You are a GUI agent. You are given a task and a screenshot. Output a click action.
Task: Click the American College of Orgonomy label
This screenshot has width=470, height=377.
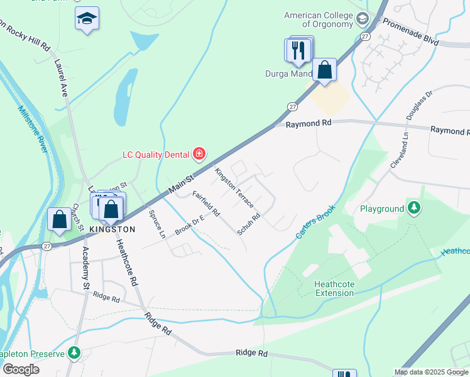click(x=319, y=19)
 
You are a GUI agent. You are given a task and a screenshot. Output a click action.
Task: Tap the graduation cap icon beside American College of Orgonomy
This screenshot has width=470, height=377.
click(x=362, y=18)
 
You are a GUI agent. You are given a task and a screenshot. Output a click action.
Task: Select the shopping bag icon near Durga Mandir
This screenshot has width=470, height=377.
click(x=324, y=70)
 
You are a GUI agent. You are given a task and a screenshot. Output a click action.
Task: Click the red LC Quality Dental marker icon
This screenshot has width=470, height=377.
click(x=199, y=153)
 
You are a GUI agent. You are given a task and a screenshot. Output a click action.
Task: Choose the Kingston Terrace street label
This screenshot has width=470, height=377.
click(x=234, y=188)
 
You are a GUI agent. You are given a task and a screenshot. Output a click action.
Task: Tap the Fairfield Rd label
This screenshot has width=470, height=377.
click(x=205, y=204)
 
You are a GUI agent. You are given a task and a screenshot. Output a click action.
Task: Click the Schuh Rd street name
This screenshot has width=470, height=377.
click(x=249, y=224)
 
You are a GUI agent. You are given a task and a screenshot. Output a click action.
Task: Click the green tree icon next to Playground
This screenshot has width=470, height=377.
click(x=413, y=208)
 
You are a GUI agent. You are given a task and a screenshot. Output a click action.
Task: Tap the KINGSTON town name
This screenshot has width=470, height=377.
click(x=113, y=229)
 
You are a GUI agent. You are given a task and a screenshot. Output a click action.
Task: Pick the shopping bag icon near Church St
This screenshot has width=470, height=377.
click(x=59, y=220)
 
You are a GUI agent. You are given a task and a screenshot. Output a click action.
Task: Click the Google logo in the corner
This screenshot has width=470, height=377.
click(x=20, y=369)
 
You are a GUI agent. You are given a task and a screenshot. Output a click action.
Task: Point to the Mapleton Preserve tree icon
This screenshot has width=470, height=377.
click(x=75, y=353)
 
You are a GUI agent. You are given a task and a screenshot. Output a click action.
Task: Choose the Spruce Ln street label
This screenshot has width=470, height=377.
click(x=156, y=224)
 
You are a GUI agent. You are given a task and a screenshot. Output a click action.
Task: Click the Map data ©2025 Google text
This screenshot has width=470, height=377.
click(x=430, y=372)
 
